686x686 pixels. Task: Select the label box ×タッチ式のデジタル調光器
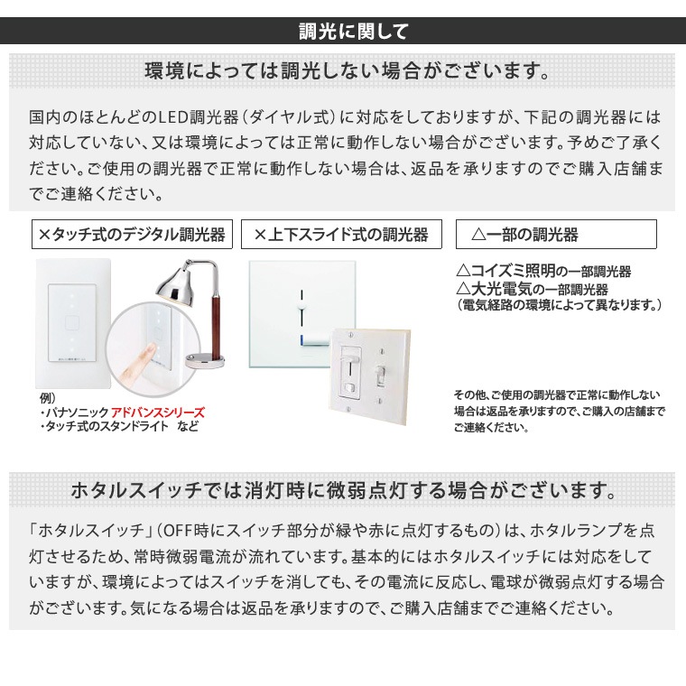click(132, 235)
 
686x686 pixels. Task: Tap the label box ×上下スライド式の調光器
click(340, 235)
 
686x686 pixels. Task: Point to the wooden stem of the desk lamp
click(216, 311)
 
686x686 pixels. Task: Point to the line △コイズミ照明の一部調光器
click(543, 271)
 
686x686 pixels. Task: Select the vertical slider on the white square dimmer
click(301, 311)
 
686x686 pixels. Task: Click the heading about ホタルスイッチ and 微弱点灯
click(344, 492)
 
